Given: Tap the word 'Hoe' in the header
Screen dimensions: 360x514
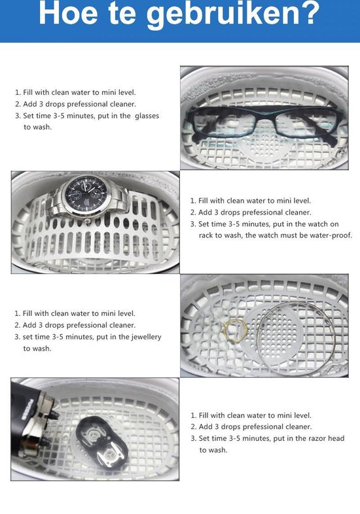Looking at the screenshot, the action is [x=68, y=13].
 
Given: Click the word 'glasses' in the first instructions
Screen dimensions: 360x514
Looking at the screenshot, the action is [x=147, y=116].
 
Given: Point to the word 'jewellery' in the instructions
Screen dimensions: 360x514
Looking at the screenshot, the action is [x=147, y=337].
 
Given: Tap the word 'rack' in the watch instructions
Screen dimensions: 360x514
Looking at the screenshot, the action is [x=206, y=235].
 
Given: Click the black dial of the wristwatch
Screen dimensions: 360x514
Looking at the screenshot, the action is [x=84, y=194].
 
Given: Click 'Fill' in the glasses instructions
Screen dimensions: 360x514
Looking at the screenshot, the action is [x=28, y=92].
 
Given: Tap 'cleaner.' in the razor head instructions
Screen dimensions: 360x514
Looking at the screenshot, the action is [x=298, y=427].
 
